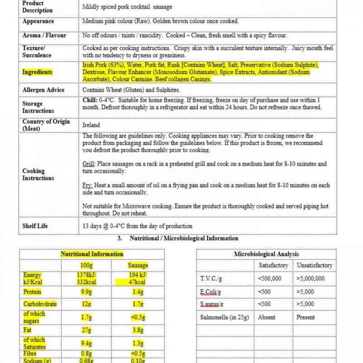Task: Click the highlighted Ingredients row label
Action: (37, 72)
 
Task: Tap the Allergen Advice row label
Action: (44, 90)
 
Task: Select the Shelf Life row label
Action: (35, 226)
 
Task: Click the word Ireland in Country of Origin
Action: (91, 125)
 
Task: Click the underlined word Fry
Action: (88, 186)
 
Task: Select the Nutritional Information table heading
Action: (92, 254)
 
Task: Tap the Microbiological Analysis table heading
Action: (266, 254)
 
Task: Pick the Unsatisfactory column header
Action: (314, 265)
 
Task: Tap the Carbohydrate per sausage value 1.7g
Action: (137, 304)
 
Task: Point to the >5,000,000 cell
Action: (311, 279)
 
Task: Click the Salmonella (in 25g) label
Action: (225, 317)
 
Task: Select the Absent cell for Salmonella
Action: (267, 317)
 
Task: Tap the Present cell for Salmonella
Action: (306, 317)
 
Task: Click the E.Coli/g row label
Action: (211, 291)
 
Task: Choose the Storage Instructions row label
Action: (38, 107)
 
